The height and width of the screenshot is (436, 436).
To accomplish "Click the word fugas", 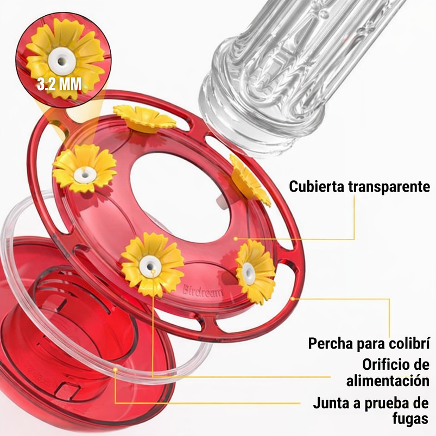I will (408, 419).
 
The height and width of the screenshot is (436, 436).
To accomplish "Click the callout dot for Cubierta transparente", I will (235, 239).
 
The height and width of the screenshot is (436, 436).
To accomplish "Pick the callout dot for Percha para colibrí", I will (293, 299).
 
